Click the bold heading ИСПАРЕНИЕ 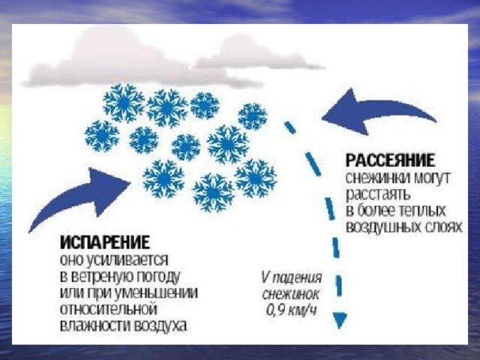105,243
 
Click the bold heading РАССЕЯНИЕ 390,160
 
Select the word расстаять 378,195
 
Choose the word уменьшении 156,293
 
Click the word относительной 109,309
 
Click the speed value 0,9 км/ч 291,310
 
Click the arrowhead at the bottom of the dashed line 340,320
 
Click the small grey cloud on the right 259,55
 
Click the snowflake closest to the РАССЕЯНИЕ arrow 253,117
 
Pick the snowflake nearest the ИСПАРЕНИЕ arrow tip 163,178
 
